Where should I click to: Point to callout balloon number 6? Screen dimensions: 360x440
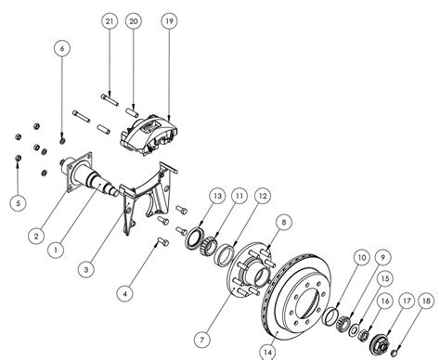63,47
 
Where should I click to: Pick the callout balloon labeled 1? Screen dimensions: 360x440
58,248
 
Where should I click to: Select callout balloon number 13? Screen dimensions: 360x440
215,197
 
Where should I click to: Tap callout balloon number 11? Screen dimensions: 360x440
239,197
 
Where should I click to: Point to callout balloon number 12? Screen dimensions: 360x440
264,197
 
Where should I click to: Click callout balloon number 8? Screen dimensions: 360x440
284,220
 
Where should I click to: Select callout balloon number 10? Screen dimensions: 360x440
360,256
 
